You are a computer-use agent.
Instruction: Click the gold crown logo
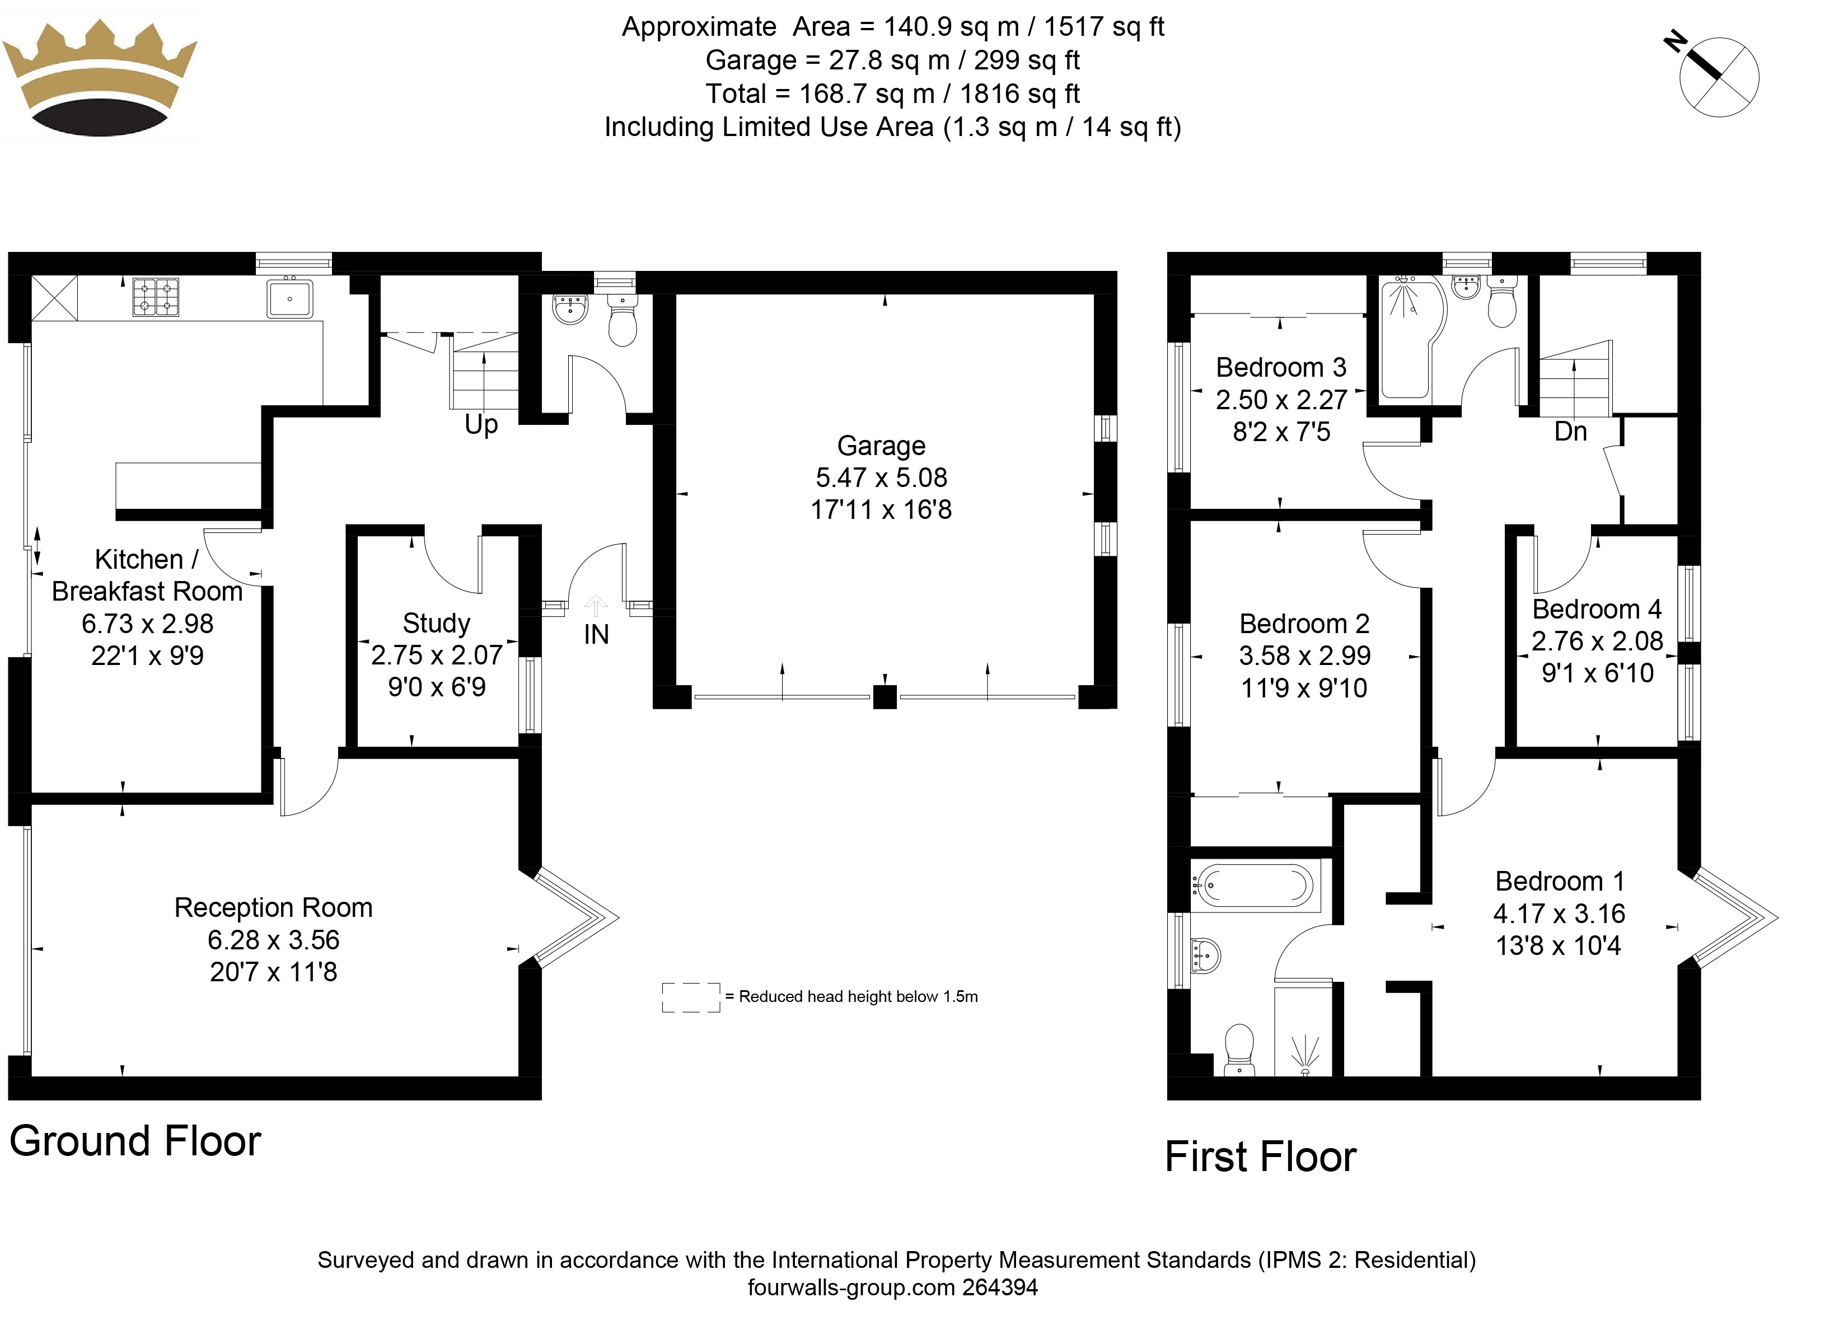(x=100, y=78)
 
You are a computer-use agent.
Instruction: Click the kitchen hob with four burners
(x=156, y=297)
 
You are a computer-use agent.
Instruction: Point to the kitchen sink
(x=289, y=299)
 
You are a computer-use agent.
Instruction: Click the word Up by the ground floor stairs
(x=481, y=424)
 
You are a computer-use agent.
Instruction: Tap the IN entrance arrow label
(x=596, y=634)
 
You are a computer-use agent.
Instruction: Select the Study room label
(x=436, y=622)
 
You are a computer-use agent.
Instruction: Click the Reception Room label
(x=274, y=907)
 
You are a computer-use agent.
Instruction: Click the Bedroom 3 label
(x=1281, y=367)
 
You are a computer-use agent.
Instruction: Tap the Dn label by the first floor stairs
(x=1570, y=432)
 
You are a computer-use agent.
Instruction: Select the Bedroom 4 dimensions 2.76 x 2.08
(x=1597, y=641)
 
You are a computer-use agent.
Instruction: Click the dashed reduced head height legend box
(x=691, y=997)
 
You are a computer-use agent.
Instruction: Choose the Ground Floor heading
(x=135, y=1141)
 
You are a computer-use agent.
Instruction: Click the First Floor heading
(x=1261, y=1157)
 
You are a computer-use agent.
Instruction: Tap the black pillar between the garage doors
(x=885, y=696)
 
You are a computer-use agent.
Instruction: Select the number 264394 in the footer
(x=1000, y=1287)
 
